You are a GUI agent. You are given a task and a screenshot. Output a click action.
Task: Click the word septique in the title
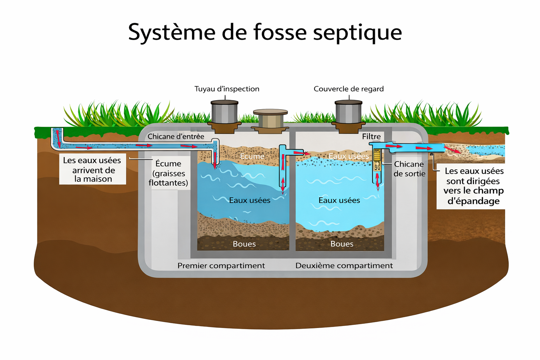[x=357, y=32]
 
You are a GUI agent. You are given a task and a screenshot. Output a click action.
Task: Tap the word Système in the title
[x=172, y=32]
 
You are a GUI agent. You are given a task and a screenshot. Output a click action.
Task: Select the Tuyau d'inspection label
[x=227, y=89]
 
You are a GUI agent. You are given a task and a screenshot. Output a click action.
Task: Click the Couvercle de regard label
[x=348, y=89]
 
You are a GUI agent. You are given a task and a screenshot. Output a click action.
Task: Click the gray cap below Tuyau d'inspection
[x=224, y=112]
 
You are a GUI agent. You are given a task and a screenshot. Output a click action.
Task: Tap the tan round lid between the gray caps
[x=270, y=118]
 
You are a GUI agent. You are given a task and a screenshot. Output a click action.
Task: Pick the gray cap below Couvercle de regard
[x=348, y=112]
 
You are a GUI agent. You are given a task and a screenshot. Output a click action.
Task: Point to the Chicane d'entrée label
[x=176, y=136]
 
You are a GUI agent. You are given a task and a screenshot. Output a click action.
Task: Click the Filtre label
[x=371, y=136]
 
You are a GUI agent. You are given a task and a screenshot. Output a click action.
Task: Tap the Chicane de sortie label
[x=409, y=169]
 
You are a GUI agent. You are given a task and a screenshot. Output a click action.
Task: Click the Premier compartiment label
[x=221, y=266]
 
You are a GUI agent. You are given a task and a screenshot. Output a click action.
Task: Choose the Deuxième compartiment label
[x=344, y=266]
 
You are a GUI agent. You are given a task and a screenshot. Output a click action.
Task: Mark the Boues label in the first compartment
[x=244, y=244]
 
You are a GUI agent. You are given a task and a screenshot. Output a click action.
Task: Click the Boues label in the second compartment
[x=342, y=244]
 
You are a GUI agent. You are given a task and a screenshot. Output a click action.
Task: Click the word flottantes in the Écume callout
[x=168, y=183]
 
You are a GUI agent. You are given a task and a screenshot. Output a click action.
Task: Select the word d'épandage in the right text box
[x=473, y=201]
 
